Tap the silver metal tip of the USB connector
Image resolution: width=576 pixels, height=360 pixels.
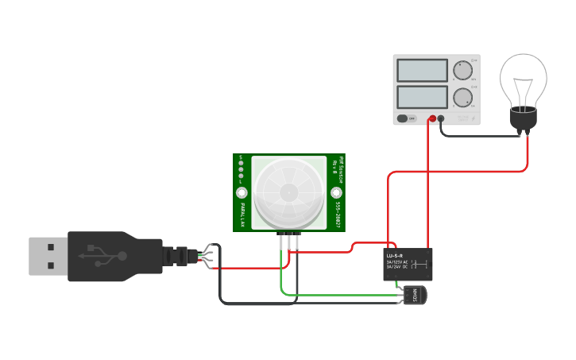tap(48, 256)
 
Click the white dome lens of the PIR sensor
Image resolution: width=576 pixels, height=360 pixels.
tap(288, 192)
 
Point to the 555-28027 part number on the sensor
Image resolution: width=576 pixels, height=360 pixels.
tap(337, 213)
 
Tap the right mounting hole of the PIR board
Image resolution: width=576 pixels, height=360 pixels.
tap(336, 192)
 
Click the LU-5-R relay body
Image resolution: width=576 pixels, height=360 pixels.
tap(408, 264)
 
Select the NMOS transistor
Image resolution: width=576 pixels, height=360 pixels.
tap(416, 296)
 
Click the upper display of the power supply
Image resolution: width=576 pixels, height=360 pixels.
tap(422, 70)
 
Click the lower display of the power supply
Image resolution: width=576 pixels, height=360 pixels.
tap(422, 98)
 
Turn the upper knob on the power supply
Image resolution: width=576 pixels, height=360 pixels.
tap(462, 71)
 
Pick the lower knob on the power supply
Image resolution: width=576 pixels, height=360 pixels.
tap(462, 99)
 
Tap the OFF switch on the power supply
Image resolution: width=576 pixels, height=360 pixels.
tap(406, 118)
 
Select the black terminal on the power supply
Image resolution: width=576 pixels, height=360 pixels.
tap(441, 118)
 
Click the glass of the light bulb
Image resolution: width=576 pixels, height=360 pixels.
tap(523, 79)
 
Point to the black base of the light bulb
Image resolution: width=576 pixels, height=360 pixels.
tap(523, 118)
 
